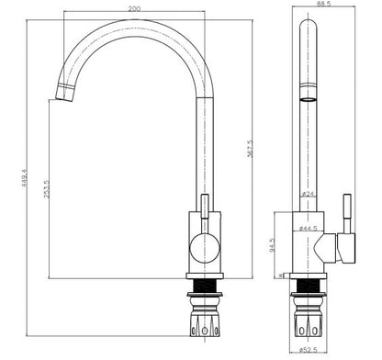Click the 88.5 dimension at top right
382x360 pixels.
322,6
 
